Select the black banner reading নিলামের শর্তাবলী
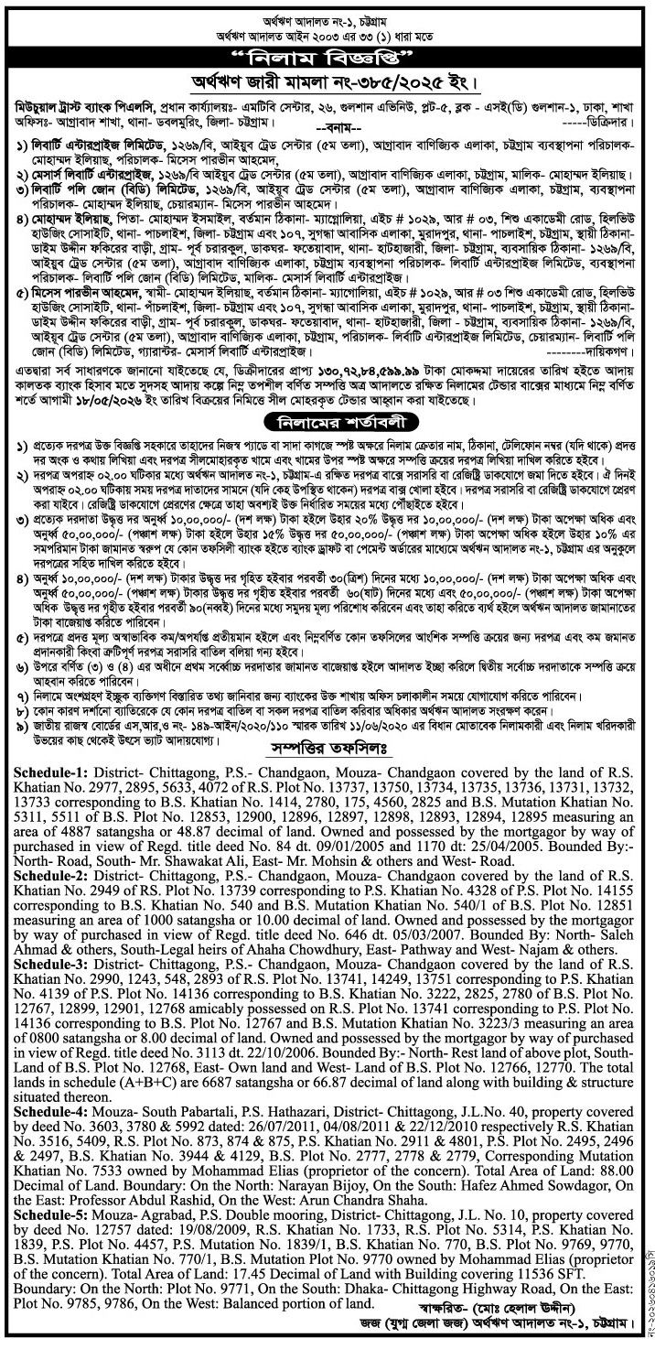coord(327,423)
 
